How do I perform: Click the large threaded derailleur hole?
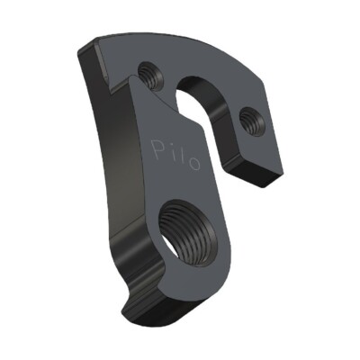tap(188, 231)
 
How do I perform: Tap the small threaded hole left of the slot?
tap(151, 76)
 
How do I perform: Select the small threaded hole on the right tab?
tap(252, 121)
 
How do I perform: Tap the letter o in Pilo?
tap(194, 164)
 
